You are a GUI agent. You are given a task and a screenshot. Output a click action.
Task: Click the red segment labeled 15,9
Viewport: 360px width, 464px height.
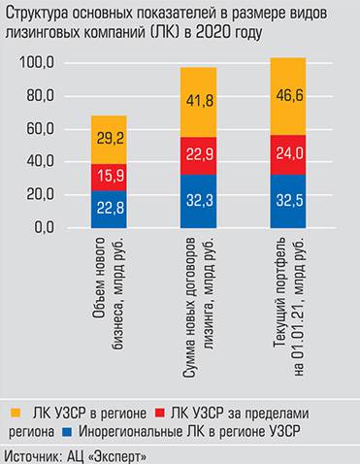110,177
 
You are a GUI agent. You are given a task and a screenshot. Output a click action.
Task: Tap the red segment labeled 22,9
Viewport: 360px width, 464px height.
199,155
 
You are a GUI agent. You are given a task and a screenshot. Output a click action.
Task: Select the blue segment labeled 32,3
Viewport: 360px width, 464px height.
199,201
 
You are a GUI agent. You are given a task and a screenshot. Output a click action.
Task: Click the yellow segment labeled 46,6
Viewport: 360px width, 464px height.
287,96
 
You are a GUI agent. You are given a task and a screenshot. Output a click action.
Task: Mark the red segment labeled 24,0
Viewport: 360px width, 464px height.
287,153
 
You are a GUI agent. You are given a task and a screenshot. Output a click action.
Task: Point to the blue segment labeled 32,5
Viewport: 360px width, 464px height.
287,200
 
